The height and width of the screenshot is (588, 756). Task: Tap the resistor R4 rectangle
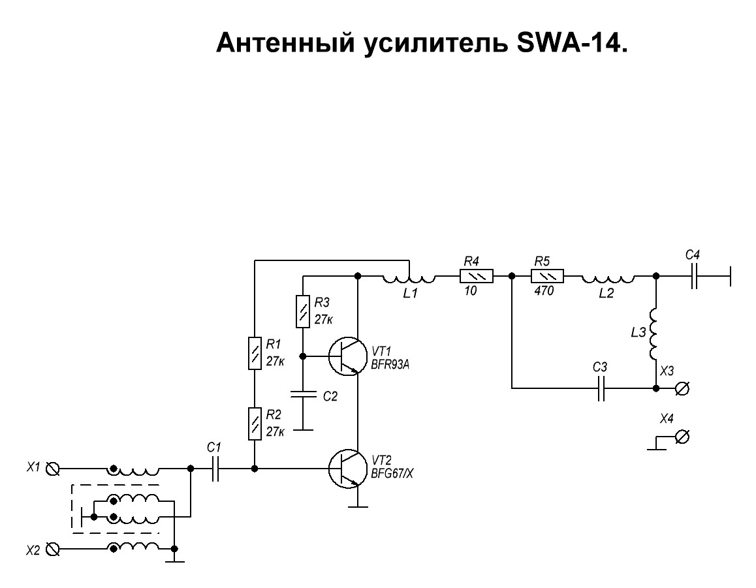(477, 276)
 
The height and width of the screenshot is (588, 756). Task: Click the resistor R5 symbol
(547, 276)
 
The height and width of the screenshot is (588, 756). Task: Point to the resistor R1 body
(255, 354)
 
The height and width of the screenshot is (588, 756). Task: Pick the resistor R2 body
(255, 424)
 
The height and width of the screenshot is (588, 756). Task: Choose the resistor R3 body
(303, 312)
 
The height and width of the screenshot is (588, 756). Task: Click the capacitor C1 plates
(215, 469)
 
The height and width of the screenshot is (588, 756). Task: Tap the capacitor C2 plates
(303, 394)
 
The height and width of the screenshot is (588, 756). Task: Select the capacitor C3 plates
(601, 388)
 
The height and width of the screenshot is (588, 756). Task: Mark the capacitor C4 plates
(693, 276)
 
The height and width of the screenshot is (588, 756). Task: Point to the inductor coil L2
(608, 278)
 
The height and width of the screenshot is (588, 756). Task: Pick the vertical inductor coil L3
(654, 333)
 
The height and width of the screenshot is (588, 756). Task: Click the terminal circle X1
(52, 469)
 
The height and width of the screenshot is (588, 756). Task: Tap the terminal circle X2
(52, 549)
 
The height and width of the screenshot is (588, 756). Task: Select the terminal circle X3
(682, 388)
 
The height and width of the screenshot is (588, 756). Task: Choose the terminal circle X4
(682, 437)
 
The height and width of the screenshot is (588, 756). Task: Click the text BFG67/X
(392, 474)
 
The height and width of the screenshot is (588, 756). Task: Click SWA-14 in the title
(572, 43)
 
